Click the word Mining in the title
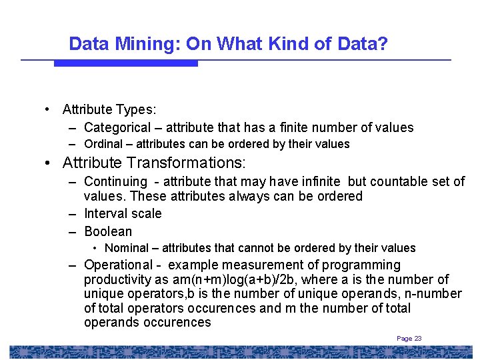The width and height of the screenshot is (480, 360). click(147, 45)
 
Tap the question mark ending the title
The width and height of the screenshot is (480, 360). click(383, 45)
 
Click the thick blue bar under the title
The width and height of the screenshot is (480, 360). click(125, 63)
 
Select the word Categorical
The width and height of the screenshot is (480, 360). click(117, 127)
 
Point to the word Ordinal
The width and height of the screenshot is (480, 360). click(103, 144)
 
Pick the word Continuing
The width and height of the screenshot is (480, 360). click(115, 181)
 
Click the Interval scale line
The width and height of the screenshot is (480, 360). click(123, 213)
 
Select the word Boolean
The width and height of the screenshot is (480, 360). click(108, 231)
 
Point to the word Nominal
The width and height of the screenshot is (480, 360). click(127, 248)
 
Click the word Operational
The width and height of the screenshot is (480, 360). click(118, 265)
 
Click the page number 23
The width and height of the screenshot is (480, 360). click(418, 339)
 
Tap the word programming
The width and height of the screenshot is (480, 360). click(361, 265)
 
